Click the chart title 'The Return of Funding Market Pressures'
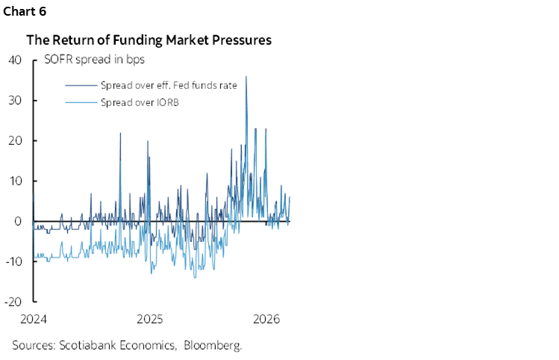pos(149,40)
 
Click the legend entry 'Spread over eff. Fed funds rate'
pos(168,85)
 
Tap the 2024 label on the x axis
pos(33,318)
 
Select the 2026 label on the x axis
pos(266,318)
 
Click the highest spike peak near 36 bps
pos(246,77)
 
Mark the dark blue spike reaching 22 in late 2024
pos(120,133)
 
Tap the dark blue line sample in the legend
pos(81,85)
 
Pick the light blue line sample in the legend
pos(81,102)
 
